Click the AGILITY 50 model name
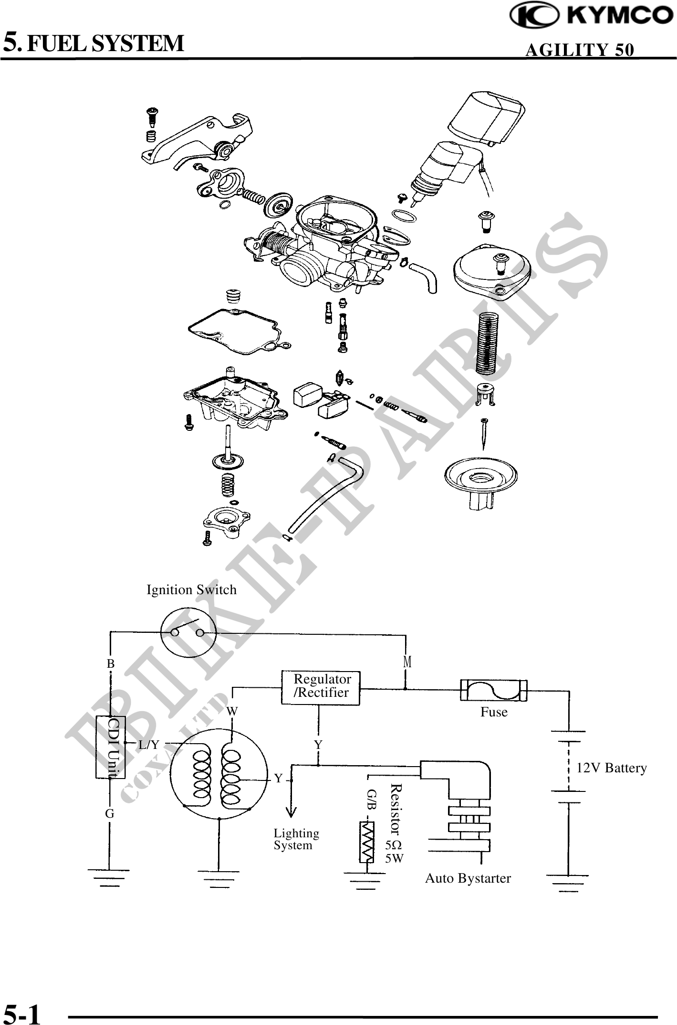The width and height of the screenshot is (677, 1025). tap(579, 50)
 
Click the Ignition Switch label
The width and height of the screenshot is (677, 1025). tap(191, 590)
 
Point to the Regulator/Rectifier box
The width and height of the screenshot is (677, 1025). tap(320, 687)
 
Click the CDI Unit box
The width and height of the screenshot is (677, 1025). tap(111, 747)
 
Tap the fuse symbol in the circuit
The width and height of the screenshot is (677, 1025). tap(493, 690)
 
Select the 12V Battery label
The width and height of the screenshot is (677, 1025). tap(612, 768)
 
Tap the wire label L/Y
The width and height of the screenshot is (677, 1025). tap(149, 744)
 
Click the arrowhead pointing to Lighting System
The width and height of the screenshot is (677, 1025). tap(291, 811)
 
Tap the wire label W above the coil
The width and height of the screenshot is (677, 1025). tap(232, 711)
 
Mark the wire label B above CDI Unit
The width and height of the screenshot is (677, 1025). tap(111, 664)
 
